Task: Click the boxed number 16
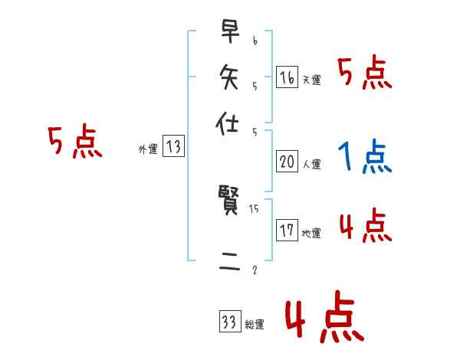(x=287, y=77)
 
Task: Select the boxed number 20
(x=287, y=162)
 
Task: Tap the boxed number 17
(x=287, y=230)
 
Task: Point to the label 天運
(x=311, y=80)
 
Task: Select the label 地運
(x=311, y=233)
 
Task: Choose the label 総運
(x=255, y=325)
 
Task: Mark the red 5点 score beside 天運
(x=366, y=74)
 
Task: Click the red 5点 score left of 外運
(x=74, y=142)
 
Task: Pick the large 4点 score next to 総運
(x=324, y=319)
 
